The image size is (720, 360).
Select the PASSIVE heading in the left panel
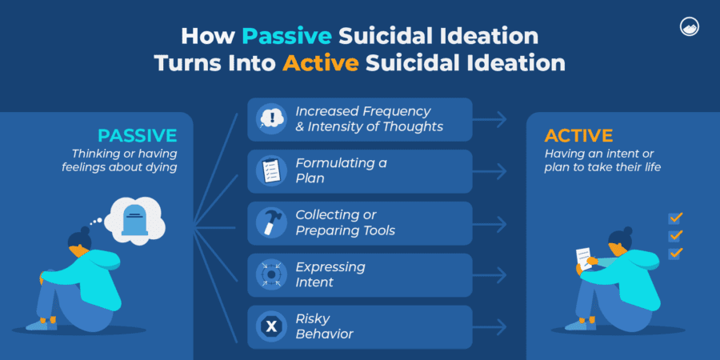tap(137, 135)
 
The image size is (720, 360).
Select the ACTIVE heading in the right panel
tap(578, 135)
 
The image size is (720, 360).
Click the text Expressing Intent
tap(330, 274)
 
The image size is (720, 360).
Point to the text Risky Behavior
tap(325, 326)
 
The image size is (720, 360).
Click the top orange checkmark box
tap(675, 218)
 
